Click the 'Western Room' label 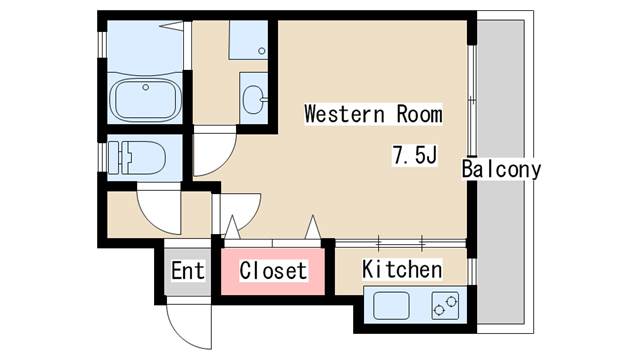[373, 113]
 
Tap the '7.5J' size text [415, 156]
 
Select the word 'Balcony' [501, 169]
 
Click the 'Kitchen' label [401, 269]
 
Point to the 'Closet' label [273, 271]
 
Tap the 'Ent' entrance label [187, 270]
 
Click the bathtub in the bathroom [145, 99]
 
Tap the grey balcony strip [505, 250]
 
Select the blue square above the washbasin [248, 41]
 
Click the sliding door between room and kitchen [400, 242]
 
